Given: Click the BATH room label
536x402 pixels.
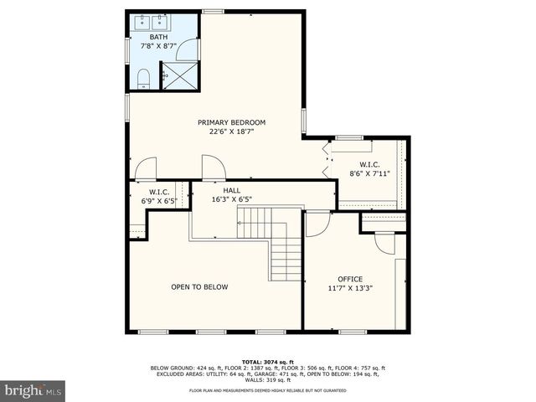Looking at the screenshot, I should pos(158,38).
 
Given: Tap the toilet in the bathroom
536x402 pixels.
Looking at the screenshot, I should pos(142,80).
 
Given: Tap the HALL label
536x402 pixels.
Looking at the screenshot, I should pos(232,190).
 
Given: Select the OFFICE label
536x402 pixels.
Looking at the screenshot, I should pos(350,279).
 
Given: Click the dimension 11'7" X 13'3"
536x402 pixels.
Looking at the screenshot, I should pos(350,288).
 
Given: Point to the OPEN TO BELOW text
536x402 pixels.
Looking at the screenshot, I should pos(199,287).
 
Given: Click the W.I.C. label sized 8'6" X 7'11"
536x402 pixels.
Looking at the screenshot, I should pos(370,164).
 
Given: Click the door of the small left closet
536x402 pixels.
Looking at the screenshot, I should pos(146,169).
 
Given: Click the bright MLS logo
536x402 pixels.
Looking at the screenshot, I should pos(33,390).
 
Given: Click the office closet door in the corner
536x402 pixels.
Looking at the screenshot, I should pos(384,242).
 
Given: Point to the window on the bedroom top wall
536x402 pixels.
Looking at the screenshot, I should pos(214,12).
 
